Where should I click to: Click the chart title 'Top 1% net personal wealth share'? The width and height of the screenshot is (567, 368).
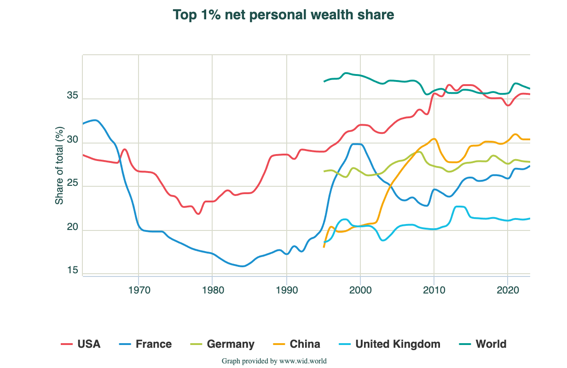click(283, 15)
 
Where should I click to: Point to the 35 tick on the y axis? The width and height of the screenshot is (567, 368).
click(72, 97)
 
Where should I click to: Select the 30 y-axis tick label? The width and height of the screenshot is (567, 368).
click(72, 140)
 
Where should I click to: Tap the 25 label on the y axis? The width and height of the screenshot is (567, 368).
click(72, 184)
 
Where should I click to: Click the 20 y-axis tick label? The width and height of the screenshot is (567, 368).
click(72, 228)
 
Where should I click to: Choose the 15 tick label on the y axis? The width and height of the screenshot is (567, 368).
click(72, 270)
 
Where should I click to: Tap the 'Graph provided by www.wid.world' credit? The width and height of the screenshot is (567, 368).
click(274, 361)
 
